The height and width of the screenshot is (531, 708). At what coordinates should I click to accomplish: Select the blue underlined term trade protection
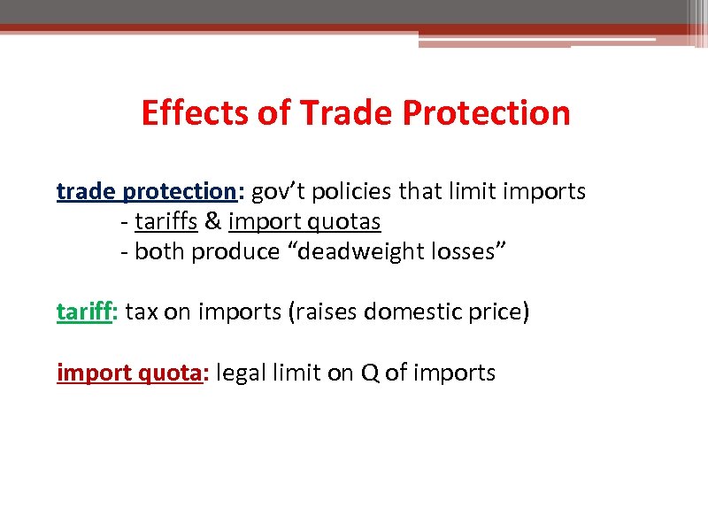coord(143,191)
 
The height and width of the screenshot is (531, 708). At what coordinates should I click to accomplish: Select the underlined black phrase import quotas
coord(304,221)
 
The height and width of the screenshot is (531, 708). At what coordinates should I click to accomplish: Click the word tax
coord(142,312)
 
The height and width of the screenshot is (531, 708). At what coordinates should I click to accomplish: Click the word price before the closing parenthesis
coord(497,312)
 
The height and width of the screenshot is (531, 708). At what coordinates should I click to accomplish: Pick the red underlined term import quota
coord(129,373)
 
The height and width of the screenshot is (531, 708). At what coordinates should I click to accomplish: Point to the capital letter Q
coord(369,373)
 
